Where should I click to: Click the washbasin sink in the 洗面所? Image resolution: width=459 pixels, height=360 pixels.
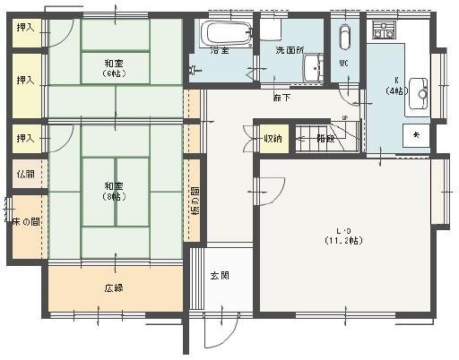313,67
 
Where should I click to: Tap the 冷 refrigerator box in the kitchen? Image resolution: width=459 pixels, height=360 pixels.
415,134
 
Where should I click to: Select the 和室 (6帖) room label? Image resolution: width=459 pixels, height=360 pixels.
114,68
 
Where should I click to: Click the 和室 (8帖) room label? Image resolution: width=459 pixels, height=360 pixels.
114,191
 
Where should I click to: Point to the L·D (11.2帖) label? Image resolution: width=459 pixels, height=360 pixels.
342,236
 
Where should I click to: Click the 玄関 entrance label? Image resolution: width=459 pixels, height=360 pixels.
220,275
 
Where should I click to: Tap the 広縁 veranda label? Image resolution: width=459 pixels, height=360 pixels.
114,288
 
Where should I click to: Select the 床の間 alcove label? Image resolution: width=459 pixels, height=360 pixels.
26,221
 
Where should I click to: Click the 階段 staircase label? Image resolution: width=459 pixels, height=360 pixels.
325,138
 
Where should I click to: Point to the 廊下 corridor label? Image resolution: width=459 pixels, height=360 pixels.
282,97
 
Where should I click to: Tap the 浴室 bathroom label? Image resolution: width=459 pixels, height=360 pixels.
220,51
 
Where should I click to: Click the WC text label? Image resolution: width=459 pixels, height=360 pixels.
344,63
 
